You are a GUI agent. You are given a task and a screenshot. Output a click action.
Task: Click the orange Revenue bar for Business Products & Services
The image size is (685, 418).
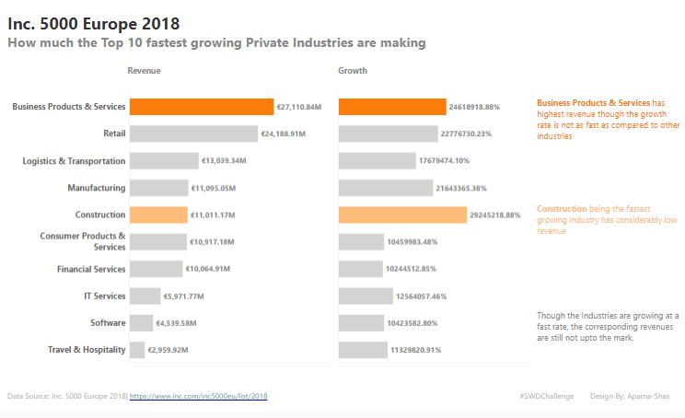click(x=202, y=107)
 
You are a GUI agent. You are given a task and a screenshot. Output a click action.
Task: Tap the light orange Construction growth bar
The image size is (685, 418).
click(x=402, y=215)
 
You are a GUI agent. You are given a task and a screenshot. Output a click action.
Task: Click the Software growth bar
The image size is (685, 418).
click(x=361, y=323)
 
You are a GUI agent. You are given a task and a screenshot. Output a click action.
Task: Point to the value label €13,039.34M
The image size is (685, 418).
click(x=224, y=161)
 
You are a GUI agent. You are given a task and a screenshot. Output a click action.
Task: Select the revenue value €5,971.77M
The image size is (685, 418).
click(x=183, y=296)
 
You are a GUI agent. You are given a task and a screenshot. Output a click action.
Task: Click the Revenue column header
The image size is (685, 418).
click(x=144, y=71)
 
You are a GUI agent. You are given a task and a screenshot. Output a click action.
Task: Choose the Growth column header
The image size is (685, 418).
click(x=353, y=71)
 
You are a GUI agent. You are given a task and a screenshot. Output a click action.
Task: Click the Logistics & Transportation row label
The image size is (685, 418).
click(x=74, y=161)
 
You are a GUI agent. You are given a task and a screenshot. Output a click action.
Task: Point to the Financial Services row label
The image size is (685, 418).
click(x=91, y=269)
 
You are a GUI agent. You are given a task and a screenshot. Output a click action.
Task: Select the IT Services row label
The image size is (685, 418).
click(x=104, y=296)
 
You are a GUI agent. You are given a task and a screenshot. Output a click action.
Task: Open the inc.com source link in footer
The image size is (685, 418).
click(x=198, y=396)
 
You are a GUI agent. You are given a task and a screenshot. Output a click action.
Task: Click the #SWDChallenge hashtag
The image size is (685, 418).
click(x=546, y=396)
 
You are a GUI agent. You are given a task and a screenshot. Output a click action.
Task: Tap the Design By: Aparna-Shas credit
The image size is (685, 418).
click(x=630, y=396)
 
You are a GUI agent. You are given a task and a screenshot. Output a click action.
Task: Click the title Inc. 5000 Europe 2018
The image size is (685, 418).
click(x=93, y=22)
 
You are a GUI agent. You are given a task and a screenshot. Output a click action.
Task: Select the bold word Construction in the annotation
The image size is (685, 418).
click(x=561, y=209)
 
